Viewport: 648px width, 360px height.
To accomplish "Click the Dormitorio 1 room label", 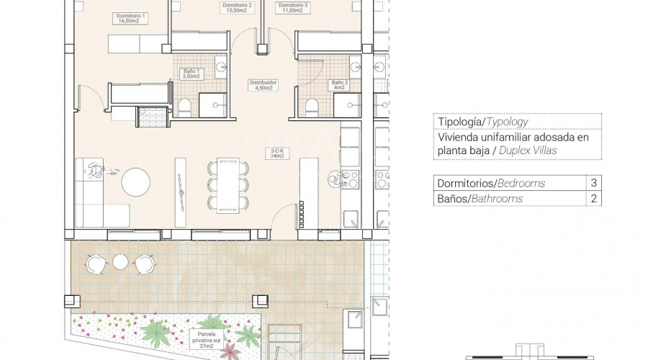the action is (x=130, y=18).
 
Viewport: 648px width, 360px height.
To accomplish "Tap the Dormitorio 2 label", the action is (x=237, y=8).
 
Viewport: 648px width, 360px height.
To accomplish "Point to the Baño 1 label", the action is (x=192, y=74).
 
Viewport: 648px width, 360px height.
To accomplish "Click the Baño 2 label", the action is (x=340, y=85).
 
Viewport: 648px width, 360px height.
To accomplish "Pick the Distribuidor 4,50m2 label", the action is (x=264, y=85).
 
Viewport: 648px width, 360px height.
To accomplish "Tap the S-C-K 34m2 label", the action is (x=277, y=153).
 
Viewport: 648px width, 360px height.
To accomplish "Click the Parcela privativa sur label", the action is (x=206, y=340).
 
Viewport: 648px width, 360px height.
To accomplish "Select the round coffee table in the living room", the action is (x=135, y=182).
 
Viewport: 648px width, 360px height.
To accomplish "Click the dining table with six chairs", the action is (x=228, y=185).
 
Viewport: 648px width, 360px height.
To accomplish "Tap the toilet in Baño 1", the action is (x=184, y=107).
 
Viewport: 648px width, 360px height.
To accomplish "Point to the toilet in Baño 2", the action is (x=312, y=107).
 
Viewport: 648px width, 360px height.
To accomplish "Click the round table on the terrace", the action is (x=120, y=262).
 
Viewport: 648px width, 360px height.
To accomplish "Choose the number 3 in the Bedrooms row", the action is (x=593, y=183).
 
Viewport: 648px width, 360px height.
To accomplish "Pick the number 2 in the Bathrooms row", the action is (x=593, y=199).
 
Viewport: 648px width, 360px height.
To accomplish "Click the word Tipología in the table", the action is (x=459, y=122).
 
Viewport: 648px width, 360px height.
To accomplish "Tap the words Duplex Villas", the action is (x=528, y=150).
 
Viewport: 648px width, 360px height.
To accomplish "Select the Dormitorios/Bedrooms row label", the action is (x=491, y=183).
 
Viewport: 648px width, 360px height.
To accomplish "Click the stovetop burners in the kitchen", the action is (x=350, y=180).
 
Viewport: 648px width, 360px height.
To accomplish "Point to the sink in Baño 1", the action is (x=221, y=66).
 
